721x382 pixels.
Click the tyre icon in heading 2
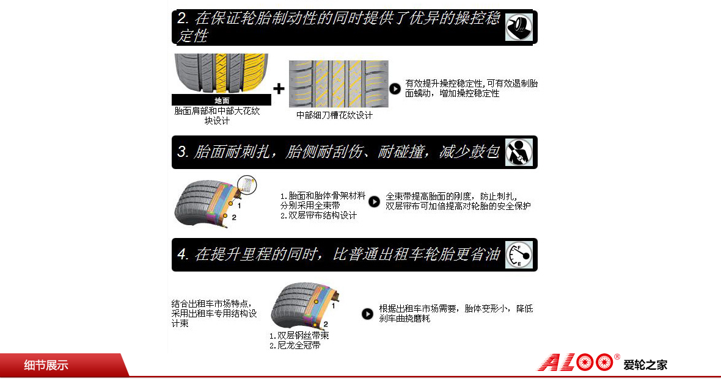[x=519, y=27]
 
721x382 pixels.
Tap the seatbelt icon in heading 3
[x=519, y=152]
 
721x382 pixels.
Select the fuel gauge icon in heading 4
[x=519, y=255]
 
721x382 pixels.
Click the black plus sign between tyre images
[x=279, y=88]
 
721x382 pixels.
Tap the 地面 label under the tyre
[x=222, y=100]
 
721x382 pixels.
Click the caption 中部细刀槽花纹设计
[x=334, y=115]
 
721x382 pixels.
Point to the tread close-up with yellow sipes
[x=339, y=84]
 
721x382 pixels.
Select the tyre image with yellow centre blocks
[x=221, y=73]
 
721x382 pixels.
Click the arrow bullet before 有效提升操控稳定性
[x=395, y=88]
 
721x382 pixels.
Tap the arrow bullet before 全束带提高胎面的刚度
[x=375, y=201]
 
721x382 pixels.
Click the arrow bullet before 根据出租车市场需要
[x=367, y=314]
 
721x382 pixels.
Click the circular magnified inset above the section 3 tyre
[x=247, y=184]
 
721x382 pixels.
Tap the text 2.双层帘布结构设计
[x=319, y=215]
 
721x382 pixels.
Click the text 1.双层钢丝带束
[x=299, y=336]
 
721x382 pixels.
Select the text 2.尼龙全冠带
[x=295, y=345]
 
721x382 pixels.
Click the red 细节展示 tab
[x=46, y=365]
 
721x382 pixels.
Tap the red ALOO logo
[x=576, y=362]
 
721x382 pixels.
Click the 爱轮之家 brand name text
[x=645, y=365]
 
